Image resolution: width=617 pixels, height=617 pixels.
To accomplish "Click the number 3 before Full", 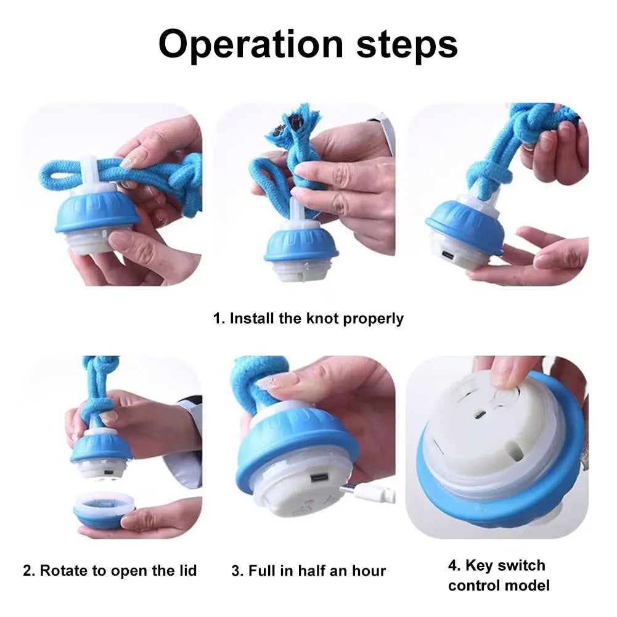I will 236,571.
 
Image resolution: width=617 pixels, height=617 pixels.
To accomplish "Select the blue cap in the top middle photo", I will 301,245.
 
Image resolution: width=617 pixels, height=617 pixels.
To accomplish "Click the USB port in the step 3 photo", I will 319,478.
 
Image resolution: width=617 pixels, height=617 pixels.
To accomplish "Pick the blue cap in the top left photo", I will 98,213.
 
